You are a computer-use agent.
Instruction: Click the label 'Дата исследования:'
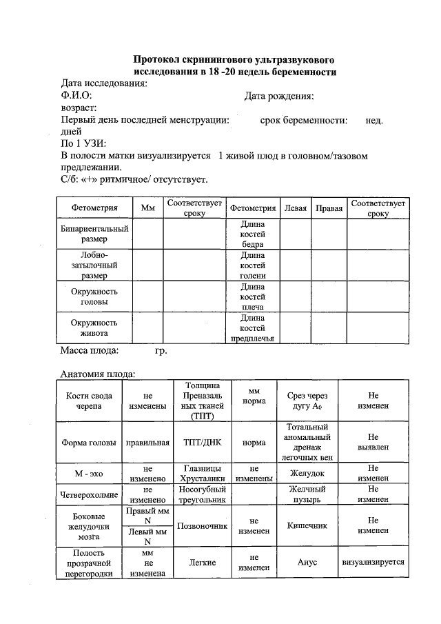click(x=104, y=83)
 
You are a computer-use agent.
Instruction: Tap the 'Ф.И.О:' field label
click(x=76, y=96)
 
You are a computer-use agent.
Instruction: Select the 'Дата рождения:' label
click(x=279, y=96)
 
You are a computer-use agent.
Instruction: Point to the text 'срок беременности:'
click(x=303, y=120)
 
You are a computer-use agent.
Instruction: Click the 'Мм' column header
click(x=147, y=208)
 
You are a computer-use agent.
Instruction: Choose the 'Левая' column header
click(x=295, y=208)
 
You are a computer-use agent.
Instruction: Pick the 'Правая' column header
click(x=329, y=208)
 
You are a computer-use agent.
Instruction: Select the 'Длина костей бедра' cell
click(x=252, y=234)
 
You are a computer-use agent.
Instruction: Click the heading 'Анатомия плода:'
click(x=97, y=374)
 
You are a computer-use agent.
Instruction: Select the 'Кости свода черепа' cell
click(x=89, y=401)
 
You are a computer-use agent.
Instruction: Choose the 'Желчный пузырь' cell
click(x=307, y=494)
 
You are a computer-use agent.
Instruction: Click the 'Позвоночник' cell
click(x=203, y=526)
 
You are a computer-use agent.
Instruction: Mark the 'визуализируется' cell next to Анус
click(x=373, y=562)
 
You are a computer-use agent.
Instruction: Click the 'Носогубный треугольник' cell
click(x=203, y=494)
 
